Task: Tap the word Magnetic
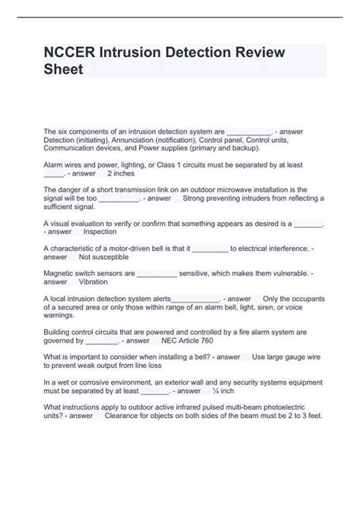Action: click(62, 272)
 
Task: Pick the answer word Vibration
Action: click(94, 281)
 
